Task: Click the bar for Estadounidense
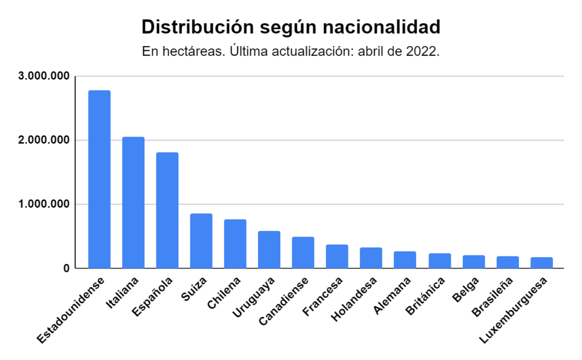point(99,179)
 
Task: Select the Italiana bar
point(134,202)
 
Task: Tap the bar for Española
point(167,210)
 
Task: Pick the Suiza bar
point(201,241)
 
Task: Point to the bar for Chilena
point(235,243)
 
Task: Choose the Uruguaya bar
point(269,250)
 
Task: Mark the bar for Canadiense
point(303,253)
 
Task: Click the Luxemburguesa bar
point(542,263)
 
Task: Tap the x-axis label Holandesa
point(356,299)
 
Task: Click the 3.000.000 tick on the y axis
point(44,76)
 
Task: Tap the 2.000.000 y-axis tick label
point(44,140)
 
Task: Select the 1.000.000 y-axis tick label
point(44,204)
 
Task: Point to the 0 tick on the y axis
point(66,268)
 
